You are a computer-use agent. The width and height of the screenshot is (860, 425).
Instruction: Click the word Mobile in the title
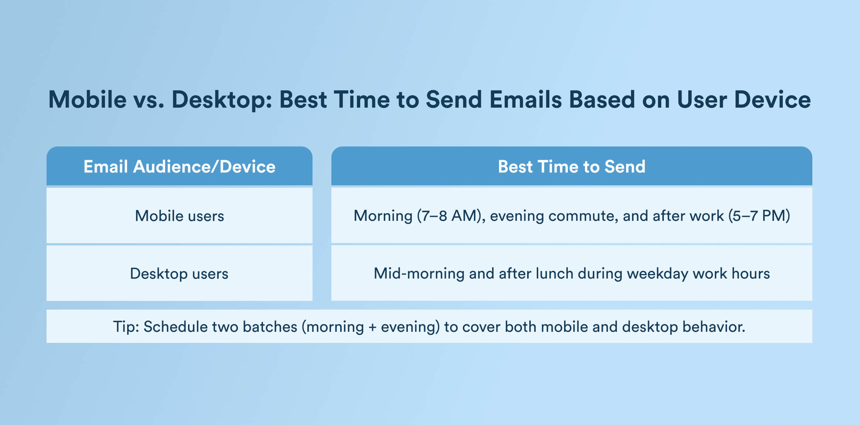(88, 99)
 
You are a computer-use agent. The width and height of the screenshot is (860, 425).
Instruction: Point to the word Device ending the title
(772, 99)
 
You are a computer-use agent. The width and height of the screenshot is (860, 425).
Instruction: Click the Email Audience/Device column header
(180, 166)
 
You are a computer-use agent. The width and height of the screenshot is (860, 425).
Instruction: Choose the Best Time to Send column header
(571, 166)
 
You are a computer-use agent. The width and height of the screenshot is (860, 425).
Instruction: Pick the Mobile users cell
(180, 216)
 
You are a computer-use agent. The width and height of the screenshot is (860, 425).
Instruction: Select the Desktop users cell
(180, 274)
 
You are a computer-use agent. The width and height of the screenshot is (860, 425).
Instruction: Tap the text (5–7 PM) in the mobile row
(759, 216)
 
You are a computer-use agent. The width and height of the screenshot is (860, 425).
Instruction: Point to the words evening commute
(554, 216)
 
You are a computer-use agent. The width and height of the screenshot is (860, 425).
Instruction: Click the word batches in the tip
(270, 327)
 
